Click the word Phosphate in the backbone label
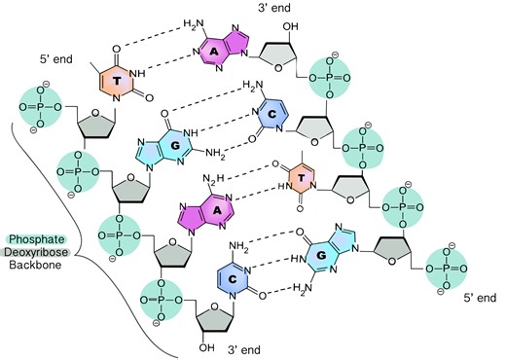point(36,238)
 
